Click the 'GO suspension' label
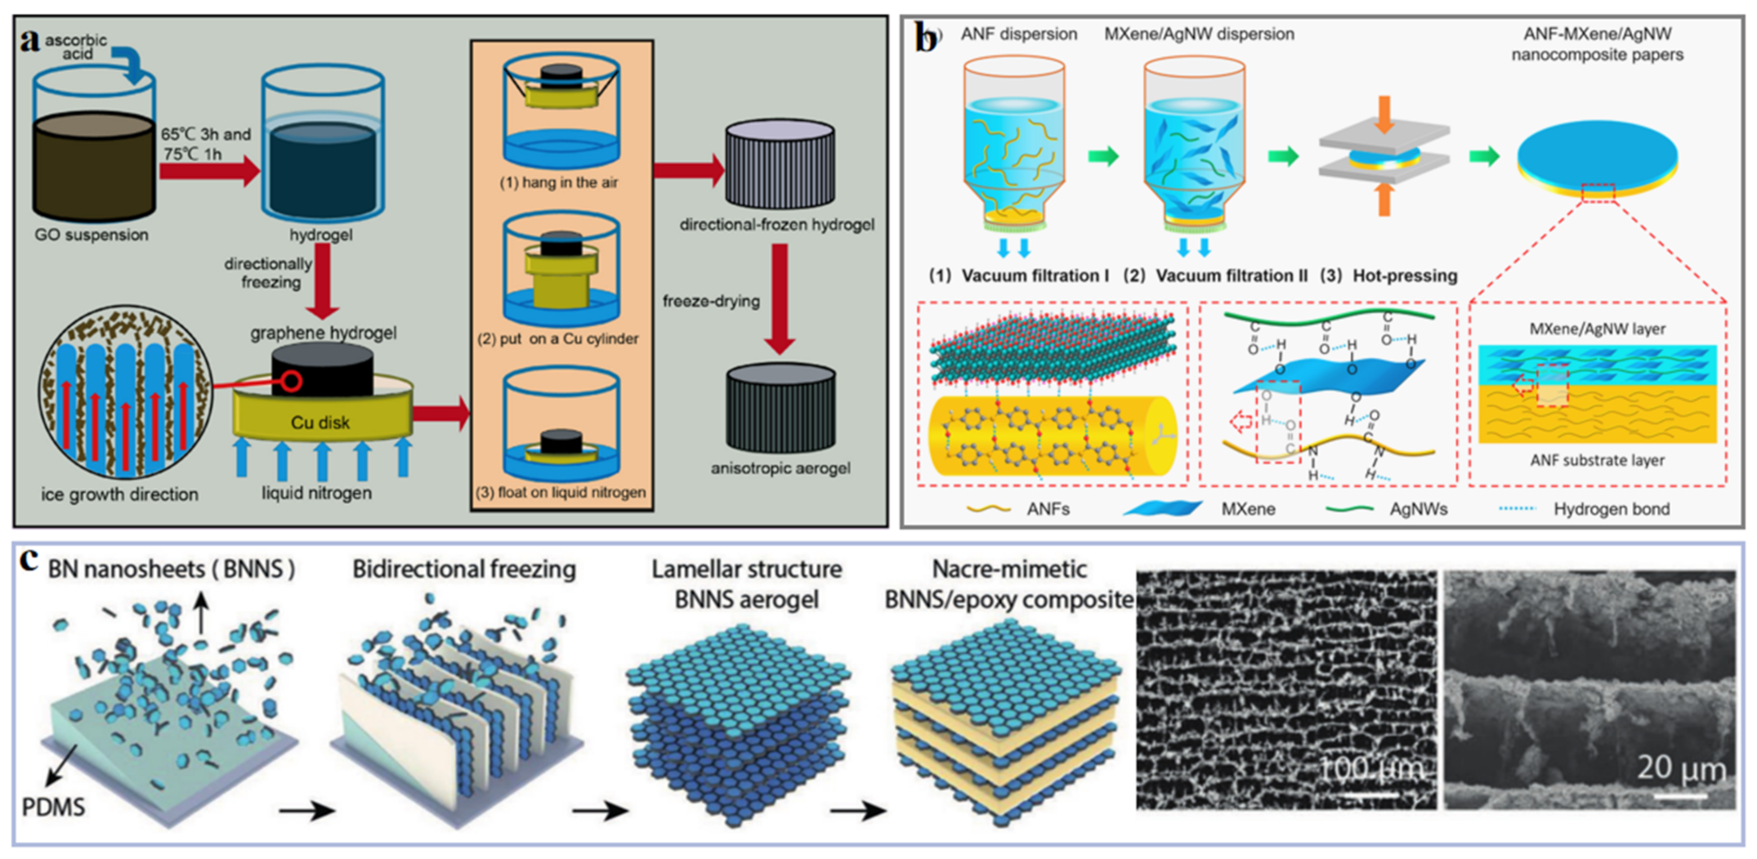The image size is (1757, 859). [92, 235]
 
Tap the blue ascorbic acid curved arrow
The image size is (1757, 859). [131, 65]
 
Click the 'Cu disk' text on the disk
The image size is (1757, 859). [320, 423]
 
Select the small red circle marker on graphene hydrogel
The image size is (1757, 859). [292, 381]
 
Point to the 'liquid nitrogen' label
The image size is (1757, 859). [316, 493]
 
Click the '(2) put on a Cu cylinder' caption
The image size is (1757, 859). [558, 338]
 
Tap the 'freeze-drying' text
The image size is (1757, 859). [711, 301]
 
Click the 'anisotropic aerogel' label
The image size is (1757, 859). [780, 468]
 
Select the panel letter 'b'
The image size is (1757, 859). [927, 37]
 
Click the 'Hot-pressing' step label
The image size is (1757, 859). [1404, 275]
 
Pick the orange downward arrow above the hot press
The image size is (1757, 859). [1384, 114]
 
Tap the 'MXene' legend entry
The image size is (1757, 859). [1247, 509]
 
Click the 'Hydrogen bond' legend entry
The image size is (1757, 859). [1611, 509]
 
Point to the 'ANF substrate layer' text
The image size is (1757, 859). [1597, 460]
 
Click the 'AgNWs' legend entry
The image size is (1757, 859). [1418, 509]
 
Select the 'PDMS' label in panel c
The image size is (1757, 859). [53, 807]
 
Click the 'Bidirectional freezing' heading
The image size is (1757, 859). [463, 569]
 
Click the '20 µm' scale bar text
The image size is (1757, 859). [1681, 768]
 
